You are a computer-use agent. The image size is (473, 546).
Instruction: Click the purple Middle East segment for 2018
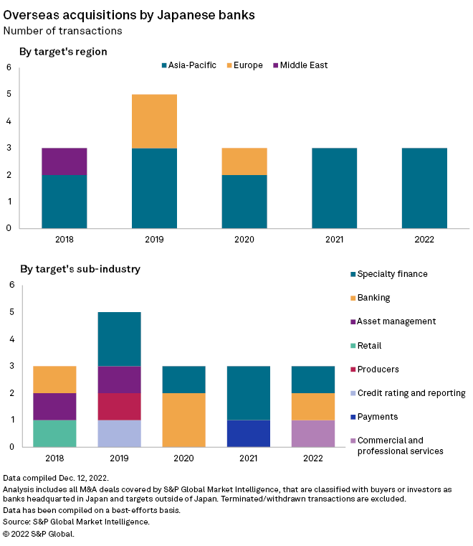tap(64, 161)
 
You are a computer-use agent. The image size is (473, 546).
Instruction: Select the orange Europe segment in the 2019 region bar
tap(154, 121)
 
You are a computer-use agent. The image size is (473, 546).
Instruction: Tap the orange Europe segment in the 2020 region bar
tap(244, 161)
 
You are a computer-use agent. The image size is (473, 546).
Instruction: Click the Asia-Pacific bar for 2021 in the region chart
tap(335, 188)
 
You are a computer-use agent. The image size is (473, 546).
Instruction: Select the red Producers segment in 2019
tap(118, 406)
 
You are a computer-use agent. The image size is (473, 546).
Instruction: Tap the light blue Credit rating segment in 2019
tap(118, 433)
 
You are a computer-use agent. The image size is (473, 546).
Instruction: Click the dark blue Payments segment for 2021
tap(248, 433)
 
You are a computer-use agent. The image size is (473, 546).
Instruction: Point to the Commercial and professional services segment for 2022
tap(312, 433)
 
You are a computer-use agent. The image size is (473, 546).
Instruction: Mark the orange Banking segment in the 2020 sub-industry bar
tap(183, 420)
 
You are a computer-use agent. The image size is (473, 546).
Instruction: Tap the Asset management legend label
tap(396, 321)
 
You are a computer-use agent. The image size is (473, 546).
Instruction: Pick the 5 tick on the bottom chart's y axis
tap(11, 312)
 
